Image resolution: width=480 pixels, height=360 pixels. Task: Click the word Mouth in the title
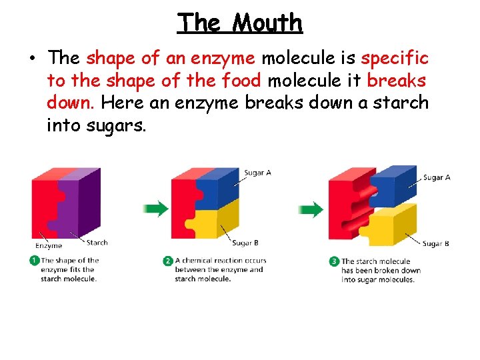267,23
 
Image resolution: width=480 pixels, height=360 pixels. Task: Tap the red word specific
395,58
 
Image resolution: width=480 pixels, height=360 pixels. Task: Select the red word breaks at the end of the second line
398,81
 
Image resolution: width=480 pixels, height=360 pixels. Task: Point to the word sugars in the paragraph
115,125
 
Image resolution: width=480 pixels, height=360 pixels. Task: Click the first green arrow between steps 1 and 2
156,209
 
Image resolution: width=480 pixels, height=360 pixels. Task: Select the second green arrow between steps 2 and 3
311,209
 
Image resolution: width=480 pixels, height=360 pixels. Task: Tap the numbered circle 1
34,261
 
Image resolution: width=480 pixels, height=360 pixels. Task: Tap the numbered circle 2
168,261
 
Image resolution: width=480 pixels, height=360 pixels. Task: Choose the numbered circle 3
334,261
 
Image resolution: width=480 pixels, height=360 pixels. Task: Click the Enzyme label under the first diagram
48,245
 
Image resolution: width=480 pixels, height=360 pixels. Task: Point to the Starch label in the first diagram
97,243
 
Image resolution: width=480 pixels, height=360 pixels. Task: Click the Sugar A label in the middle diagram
257,173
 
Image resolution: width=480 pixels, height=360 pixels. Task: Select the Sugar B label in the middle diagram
245,243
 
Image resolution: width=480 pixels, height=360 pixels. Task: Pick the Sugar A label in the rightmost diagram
437,177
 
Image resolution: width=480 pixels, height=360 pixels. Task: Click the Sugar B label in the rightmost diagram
435,243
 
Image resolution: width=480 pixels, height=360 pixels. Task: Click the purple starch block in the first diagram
83,200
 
